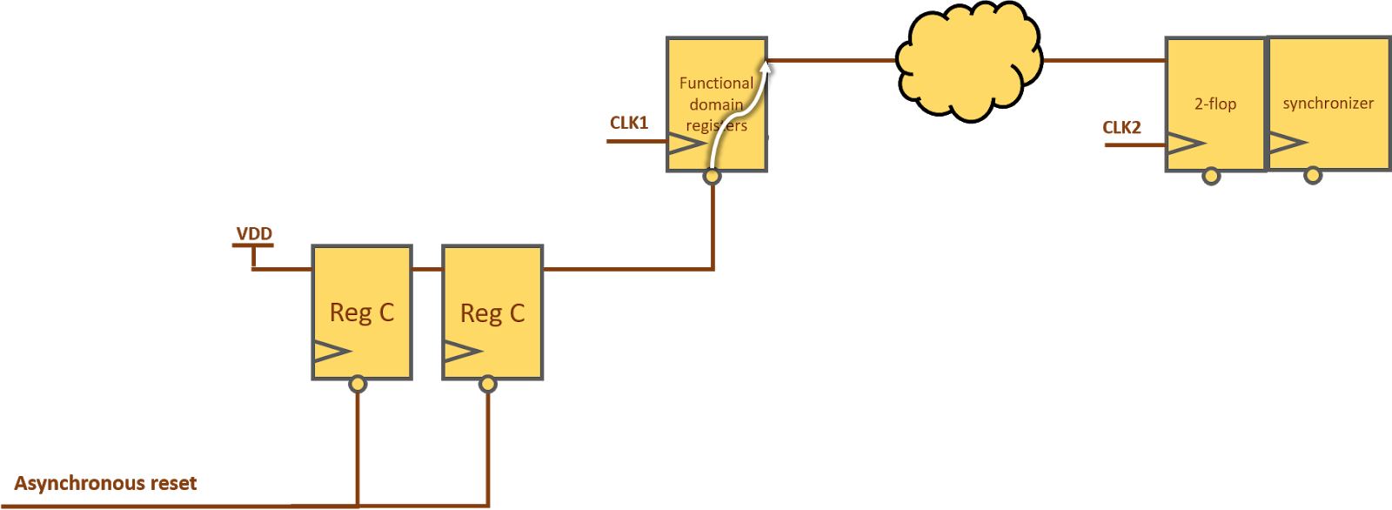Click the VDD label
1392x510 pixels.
pos(254,233)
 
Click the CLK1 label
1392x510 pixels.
pos(629,123)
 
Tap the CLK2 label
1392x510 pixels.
pos(1121,127)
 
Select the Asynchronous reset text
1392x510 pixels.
pos(106,483)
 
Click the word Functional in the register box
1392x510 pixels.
pos(716,83)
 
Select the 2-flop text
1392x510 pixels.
pos(1215,104)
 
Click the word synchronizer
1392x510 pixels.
pos(1328,103)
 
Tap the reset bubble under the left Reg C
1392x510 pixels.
pos(358,384)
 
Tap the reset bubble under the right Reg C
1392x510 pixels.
pos(488,384)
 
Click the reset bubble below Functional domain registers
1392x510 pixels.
pos(713,177)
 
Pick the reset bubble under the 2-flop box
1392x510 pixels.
pos(1211,177)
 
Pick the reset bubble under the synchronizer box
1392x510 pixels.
pos(1313,176)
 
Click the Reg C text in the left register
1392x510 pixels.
pos(362,312)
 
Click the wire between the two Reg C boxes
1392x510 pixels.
pos(427,270)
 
